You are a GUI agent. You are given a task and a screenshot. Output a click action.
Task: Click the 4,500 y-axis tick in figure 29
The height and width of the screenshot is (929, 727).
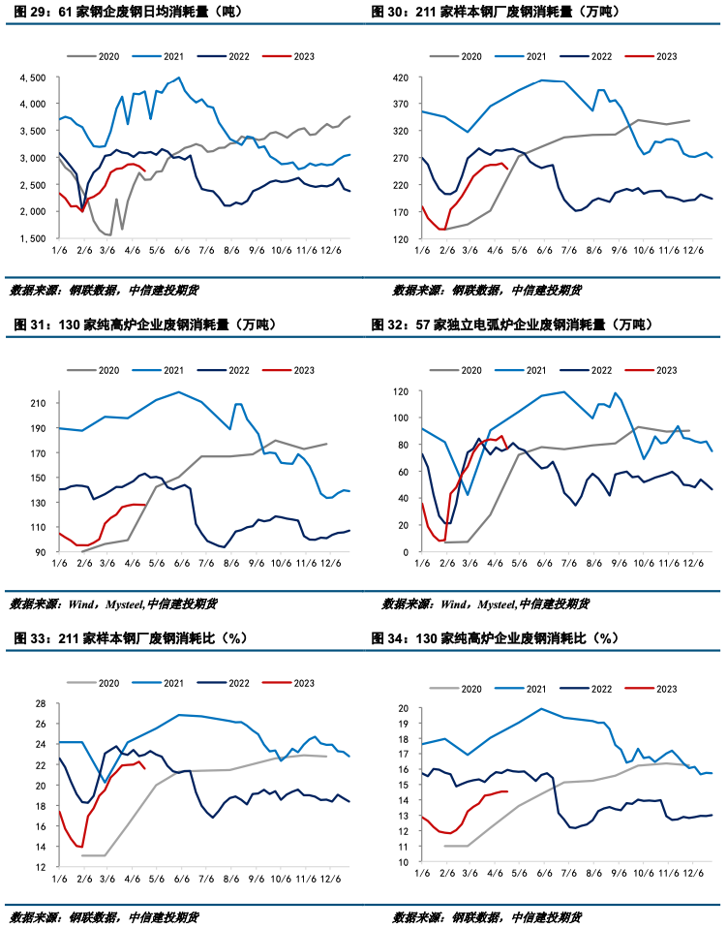(x=32, y=77)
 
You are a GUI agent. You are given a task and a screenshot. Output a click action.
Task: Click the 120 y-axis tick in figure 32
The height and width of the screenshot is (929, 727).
(x=398, y=391)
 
